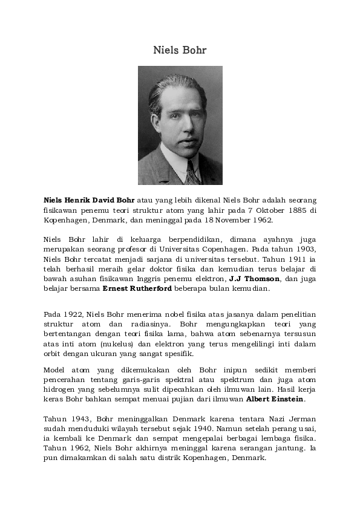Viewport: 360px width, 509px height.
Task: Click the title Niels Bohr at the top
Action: (x=180, y=50)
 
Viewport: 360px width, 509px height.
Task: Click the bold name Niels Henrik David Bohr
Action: (x=89, y=200)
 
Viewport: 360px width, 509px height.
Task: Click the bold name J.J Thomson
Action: (x=254, y=279)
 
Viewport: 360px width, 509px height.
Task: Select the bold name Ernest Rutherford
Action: (x=137, y=288)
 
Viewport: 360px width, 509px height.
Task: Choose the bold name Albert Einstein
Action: (x=275, y=399)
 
